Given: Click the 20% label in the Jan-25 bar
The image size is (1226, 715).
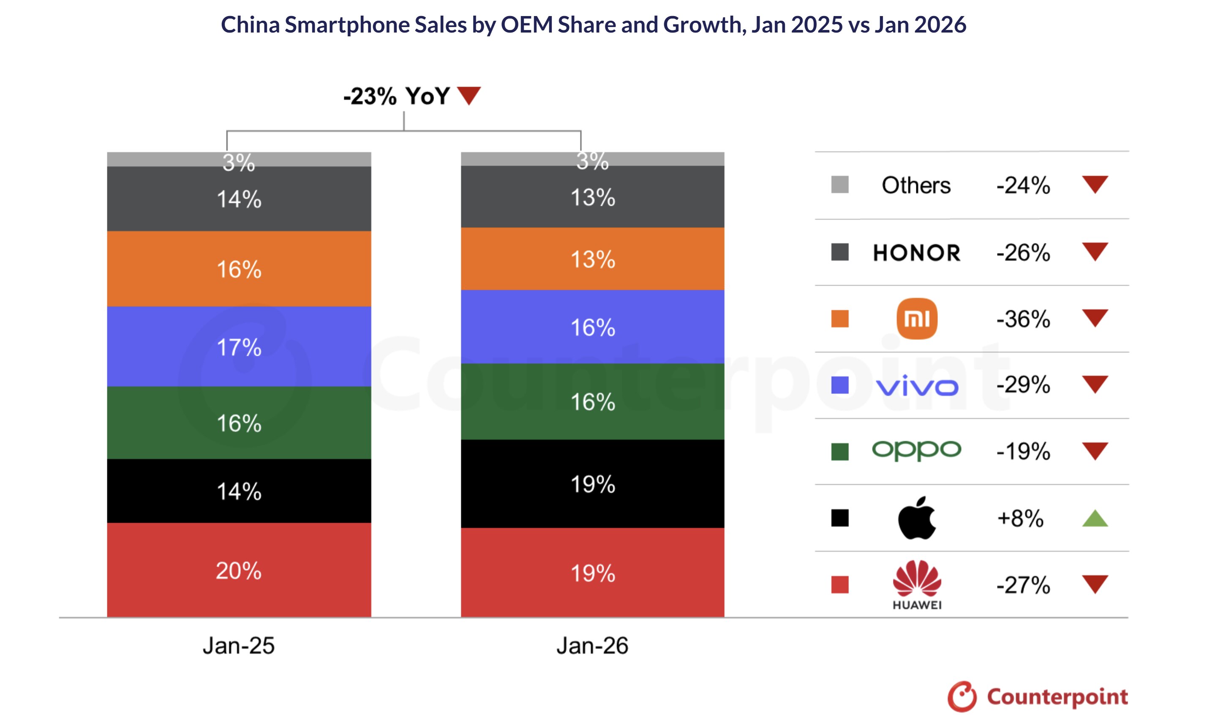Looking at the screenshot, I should pos(238,570).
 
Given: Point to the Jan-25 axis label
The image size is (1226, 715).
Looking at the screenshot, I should pos(238,645).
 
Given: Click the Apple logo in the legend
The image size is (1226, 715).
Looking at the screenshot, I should pos(917,518).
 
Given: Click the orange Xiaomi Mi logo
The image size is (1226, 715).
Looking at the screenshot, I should pos(917,318).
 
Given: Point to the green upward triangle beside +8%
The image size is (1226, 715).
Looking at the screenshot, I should pos(1095,519).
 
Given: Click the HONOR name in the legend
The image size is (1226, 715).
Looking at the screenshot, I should pos(917,253).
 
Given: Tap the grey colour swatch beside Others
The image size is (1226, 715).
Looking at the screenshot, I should pos(840,185).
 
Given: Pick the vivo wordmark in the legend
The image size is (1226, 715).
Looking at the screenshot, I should pos(917,385).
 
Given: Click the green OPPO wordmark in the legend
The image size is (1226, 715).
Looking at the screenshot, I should pos(917,450).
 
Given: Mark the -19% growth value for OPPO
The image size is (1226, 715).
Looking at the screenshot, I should pos(1023,451).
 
